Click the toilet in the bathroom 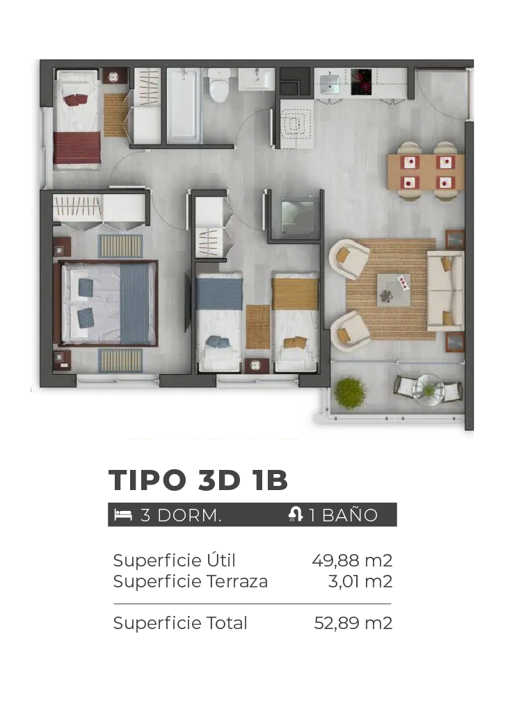pyautogui.click(x=218, y=86)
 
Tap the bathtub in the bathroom pyautogui.click(x=183, y=106)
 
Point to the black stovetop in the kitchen pyautogui.click(x=361, y=82)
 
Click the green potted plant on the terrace pyautogui.click(x=350, y=393)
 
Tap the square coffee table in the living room pyautogui.click(x=393, y=290)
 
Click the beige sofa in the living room pyautogui.click(x=446, y=291)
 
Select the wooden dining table pyautogui.click(x=426, y=172)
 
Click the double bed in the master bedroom pyautogui.click(x=106, y=303)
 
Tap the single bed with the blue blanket pyautogui.click(x=219, y=321)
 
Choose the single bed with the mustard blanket pyautogui.click(x=295, y=321)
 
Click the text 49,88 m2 pyautogui.click(x=352, y=560)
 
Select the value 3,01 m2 pyautogui.click(x=360, y=581)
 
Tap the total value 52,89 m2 pyautogui.click(x=353, y=623)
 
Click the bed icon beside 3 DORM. pyautogui.click(x=123, y=515)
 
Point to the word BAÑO pyautogui.click(x=350, y=514)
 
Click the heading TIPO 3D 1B pyautogui.click(x=198, y=480)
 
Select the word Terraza pyautogui.click(x=237, y=581)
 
